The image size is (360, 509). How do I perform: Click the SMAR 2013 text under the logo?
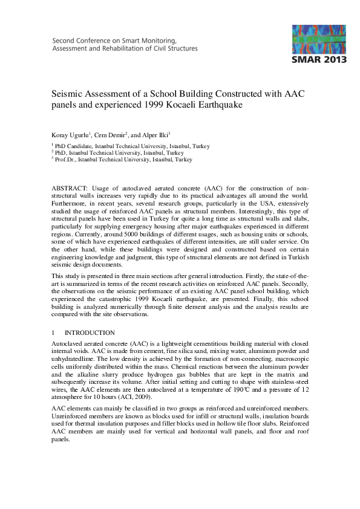[319, 60]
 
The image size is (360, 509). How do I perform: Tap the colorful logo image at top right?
[319, 39]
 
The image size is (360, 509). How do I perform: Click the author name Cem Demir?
[110, 134]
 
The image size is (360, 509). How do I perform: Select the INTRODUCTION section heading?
[89, 332]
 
